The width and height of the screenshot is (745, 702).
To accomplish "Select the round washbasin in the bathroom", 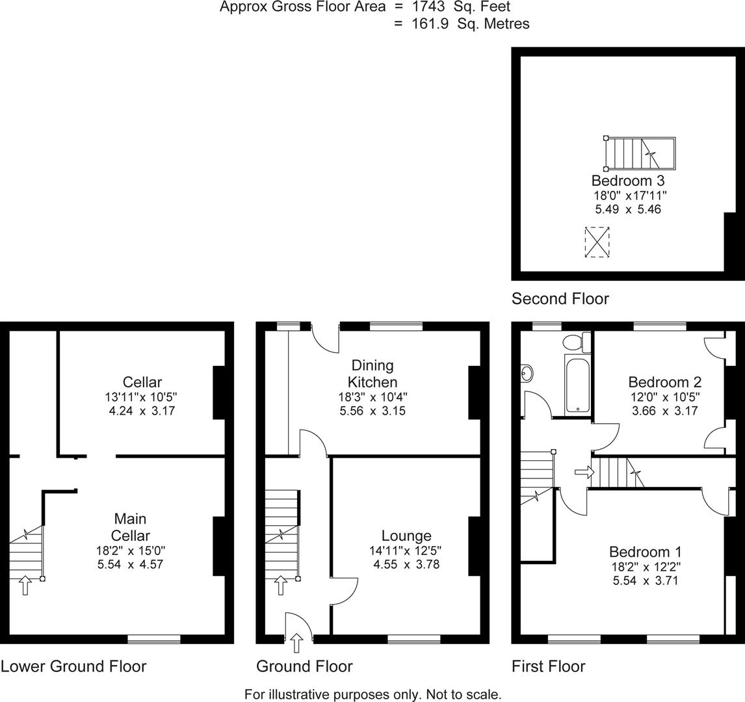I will (x=527, y=373).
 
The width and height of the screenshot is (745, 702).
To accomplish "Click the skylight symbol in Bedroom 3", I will (x=597, y=242).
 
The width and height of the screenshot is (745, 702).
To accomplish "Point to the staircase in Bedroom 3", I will (x=640, y=153).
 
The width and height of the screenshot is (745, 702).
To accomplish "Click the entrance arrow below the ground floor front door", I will (x=297, y=643).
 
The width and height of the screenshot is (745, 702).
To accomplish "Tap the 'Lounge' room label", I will (x=406, y=536).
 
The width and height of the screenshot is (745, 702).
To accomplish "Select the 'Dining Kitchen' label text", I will (x=372, y=374).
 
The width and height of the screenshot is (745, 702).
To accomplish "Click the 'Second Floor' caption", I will (x=560, y=298).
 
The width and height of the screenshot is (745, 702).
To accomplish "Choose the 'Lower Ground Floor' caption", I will (x=73, y=666).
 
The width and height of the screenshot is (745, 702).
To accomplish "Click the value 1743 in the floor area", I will (x=428, y=7).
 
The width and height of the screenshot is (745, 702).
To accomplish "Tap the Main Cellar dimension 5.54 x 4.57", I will (x=130, y=565).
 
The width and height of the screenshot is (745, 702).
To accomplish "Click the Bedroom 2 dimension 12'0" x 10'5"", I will (x=663, y=396).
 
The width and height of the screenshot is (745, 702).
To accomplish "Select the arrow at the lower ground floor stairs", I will (x=25, y=585).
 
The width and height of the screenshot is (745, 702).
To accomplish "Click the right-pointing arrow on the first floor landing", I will (x=583, y=472).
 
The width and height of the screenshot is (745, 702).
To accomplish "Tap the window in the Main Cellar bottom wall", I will (x=153, y=640).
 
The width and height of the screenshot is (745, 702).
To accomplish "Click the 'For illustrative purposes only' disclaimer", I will (x=372, y=694).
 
